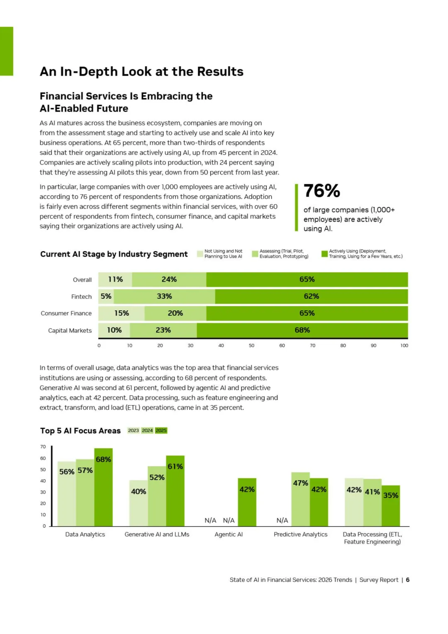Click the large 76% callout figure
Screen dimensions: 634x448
[322, 191]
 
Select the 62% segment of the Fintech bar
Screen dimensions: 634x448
[311, 296]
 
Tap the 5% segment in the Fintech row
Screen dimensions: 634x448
[106, 296]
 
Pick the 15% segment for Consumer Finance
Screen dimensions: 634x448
[122, 313]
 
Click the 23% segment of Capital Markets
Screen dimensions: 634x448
[163, 330]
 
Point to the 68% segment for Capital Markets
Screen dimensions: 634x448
[302, 330]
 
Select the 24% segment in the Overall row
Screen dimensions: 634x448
[169, 280]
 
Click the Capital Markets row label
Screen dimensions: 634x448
[70, 331]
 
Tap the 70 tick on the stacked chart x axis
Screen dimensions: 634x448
[312, 346]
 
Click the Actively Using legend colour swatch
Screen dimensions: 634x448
[324, 254]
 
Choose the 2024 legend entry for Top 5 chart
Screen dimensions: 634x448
[147, 431]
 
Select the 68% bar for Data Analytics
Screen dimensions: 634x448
[103, 488]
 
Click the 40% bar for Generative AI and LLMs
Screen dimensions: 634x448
[139, 503]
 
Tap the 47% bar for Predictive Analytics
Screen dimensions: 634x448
[300, 499]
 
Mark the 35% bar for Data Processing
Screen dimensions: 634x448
[391, 506]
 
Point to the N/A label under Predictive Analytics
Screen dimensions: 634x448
[282, 520]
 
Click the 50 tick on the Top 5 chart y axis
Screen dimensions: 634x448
[43, 470]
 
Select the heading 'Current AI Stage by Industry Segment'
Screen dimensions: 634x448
[114, 254]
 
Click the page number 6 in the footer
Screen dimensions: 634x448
[408, 580]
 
